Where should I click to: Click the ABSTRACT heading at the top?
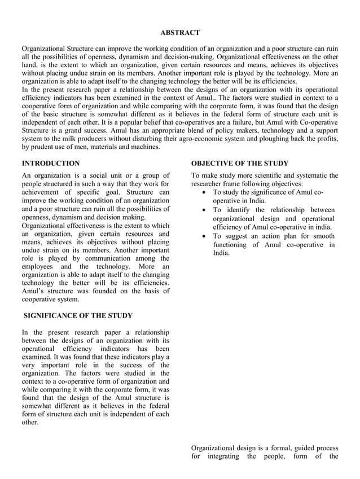click(179, 33)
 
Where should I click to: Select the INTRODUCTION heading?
click(50, 163)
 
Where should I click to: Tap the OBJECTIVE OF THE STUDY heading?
click(239, 163)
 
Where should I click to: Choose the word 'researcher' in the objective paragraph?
click(209, 184)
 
